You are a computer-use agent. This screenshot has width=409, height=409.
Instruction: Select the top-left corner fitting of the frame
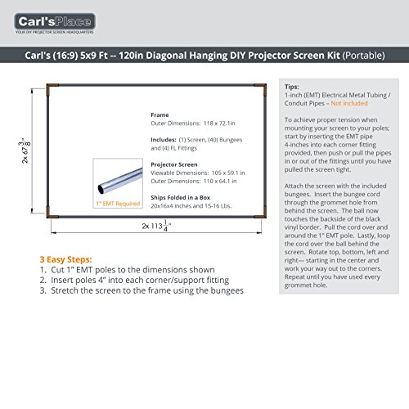coord(52,88)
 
